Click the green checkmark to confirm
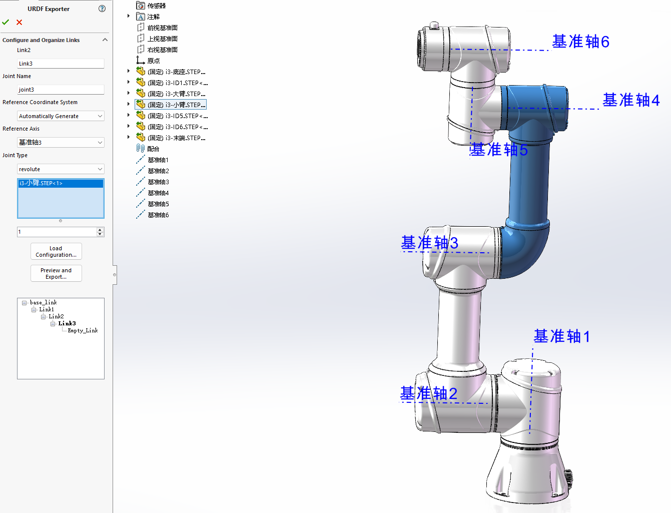pyautogui.click(x=6, y=22)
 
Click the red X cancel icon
pyautogui.click(x=19, y=22)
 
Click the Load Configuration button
pyautogui.click(x=56, y=251)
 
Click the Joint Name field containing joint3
pyautogui.click(x=61, y=90)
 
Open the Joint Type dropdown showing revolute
pyautogui.click(x=61, y=169)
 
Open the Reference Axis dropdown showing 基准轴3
pyautogui.click(x=61, y=143)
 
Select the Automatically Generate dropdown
pyautogui.click(x=61, y=116)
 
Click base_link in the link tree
pyautogui.click(x=43, y=302)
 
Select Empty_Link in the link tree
pyautogui.click(x=83, y=330)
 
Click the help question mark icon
pyautogui.click(x=102, y=9)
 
